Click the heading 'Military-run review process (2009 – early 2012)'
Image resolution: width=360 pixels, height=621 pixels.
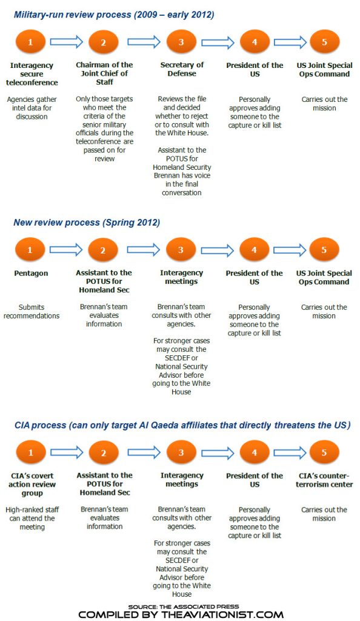(114, 13)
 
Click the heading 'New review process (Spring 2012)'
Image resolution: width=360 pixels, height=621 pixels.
(87, 223)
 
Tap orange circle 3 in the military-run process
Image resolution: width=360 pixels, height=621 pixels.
(181, 42)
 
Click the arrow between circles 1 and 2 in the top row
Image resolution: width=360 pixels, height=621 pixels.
(66, 42)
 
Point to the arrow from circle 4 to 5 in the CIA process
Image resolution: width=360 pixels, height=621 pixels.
(290, 452)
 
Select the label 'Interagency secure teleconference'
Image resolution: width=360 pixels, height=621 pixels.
(33, 74)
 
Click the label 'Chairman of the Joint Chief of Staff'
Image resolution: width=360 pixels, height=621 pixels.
(104, 74)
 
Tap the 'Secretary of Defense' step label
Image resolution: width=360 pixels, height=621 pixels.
(182, 70)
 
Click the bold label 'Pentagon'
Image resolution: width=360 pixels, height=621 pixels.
(31, 274)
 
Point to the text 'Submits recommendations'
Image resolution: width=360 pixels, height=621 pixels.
(31, 311)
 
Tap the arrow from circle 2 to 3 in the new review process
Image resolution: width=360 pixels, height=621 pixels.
(143, 250)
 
